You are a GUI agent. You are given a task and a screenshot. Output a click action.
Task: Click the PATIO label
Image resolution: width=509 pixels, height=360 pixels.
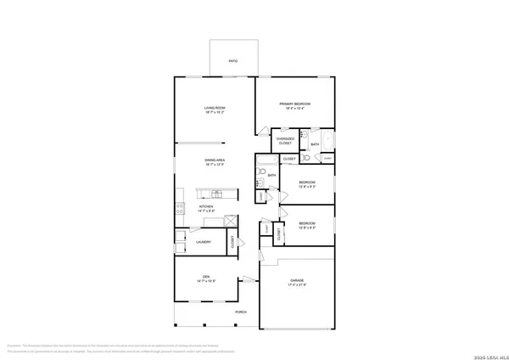point(232,61)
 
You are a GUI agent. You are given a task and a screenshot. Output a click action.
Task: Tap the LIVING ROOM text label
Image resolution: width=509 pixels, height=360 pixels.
point(214,109)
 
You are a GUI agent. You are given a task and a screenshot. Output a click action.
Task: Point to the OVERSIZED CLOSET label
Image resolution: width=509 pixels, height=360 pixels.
point(286,141)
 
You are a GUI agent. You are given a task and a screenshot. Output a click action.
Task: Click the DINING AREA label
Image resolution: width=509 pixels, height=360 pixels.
point(214,160)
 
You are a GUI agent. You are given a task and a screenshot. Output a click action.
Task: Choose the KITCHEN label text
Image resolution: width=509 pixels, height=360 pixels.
point(206,206)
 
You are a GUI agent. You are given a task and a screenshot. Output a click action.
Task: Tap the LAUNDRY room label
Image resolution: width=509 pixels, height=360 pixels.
point(204,242)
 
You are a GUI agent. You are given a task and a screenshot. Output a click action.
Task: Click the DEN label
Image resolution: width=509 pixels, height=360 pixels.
point(206,277)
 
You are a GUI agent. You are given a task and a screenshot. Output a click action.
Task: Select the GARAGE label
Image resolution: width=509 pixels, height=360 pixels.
point(297,280)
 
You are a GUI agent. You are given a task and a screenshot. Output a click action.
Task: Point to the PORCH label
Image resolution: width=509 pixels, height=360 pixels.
point(241,312)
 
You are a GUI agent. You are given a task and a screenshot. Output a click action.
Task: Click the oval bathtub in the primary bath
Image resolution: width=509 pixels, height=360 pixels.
point(327,140)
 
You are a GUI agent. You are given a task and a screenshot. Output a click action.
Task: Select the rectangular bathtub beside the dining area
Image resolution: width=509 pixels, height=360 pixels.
point(265,161)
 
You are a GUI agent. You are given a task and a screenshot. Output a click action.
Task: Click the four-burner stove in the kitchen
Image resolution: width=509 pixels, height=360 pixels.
point(180,207)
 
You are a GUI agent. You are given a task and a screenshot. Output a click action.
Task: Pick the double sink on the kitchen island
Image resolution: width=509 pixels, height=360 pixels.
point(206,191)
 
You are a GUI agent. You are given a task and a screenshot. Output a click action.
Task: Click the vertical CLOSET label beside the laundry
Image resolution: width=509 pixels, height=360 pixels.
point(233,242)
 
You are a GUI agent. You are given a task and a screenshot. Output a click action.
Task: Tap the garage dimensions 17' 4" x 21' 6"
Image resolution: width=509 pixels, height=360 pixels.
point(297,285)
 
